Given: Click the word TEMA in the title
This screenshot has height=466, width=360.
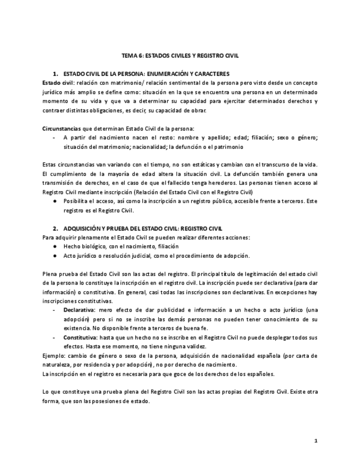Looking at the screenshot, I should (129, 56).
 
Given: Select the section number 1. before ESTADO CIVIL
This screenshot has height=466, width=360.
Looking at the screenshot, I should (56, 74).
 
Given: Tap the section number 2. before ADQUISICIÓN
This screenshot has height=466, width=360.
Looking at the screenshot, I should (56, 228).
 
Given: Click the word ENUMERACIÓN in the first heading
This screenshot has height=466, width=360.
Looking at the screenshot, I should (181, 74).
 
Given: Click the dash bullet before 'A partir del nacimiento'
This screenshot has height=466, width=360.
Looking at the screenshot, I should (53, 137).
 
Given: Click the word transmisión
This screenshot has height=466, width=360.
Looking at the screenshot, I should (60, 182).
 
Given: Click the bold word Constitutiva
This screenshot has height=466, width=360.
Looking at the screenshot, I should (80, 337).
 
